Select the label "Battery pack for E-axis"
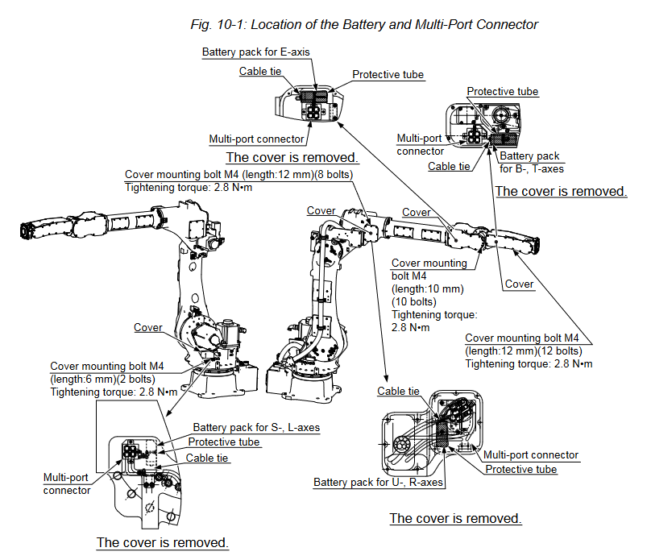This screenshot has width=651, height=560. (255, 52)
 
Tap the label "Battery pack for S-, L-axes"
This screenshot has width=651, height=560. (256, 427)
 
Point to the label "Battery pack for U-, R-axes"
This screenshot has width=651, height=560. (379, 483)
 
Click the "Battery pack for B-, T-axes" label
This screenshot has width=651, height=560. (530, 162)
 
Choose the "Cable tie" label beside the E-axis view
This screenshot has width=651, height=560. (260, 71)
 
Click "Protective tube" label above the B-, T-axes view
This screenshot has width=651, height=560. (503, 92)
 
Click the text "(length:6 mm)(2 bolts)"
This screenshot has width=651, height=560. (102, 379)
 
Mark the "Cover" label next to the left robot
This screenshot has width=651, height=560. (148, 328)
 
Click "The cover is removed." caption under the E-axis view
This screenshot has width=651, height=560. (292, 157)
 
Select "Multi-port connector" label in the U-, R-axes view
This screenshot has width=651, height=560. (531, 455)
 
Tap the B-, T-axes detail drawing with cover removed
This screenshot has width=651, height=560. (491, 124)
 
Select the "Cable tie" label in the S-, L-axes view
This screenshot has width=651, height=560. (208, 458)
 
